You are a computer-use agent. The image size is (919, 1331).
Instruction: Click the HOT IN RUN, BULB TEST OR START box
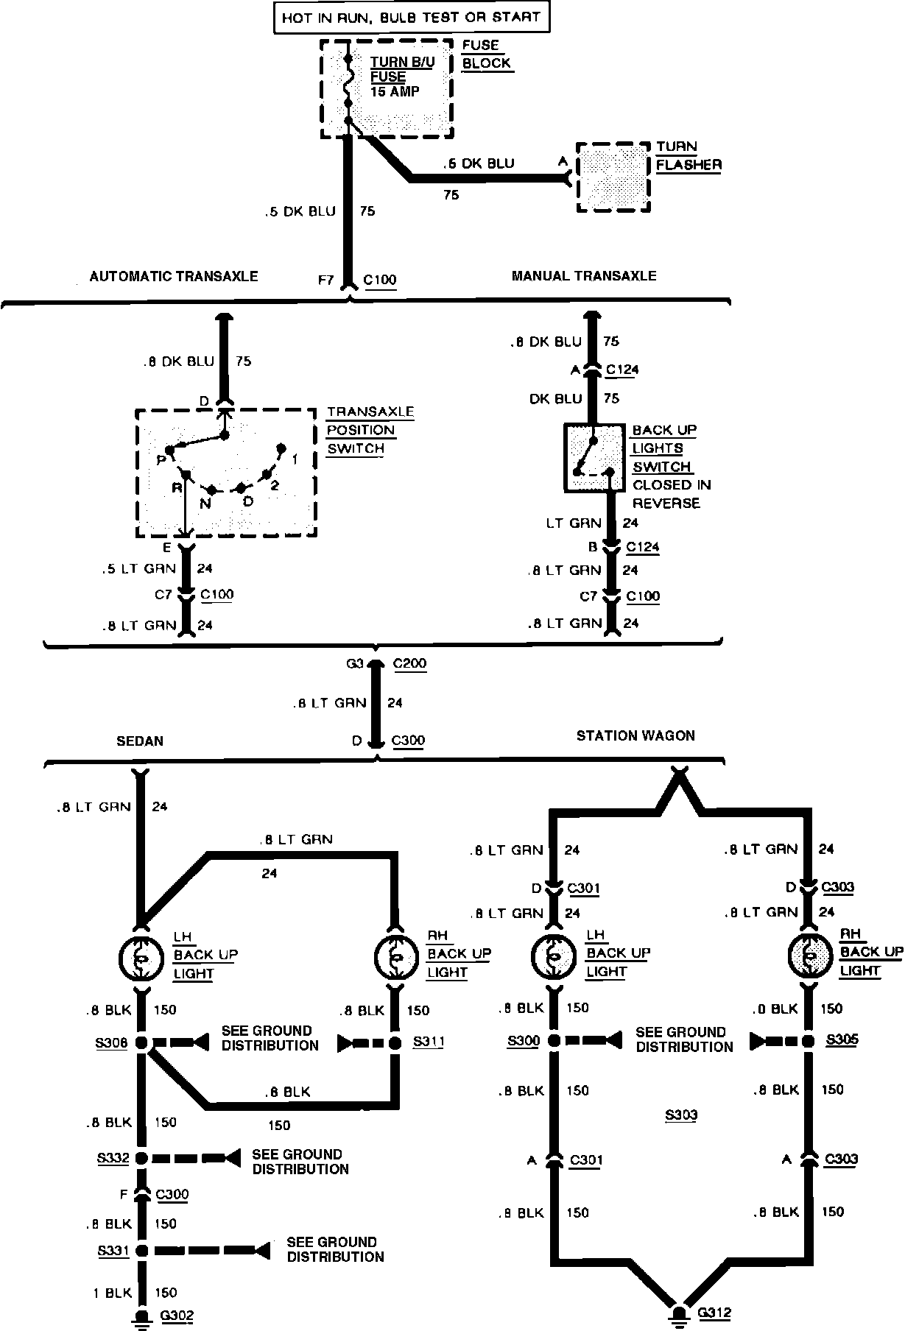412,17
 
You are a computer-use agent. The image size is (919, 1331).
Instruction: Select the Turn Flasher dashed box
613,177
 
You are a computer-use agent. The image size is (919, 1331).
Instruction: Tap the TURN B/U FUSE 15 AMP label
402,77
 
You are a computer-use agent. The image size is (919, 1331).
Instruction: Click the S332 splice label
113,1158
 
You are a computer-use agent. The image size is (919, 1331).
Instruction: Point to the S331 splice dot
141,1250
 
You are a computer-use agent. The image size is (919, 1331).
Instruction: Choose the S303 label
680,1115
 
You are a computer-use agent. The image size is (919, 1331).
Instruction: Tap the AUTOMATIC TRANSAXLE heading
174,277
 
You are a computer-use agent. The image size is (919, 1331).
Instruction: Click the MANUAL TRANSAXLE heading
583,276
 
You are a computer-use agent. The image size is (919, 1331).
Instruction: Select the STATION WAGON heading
635,735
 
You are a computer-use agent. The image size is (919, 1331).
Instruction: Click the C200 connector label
409,663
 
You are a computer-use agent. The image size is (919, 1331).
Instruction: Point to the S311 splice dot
395,1042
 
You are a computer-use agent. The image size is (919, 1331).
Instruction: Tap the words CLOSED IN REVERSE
671,494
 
